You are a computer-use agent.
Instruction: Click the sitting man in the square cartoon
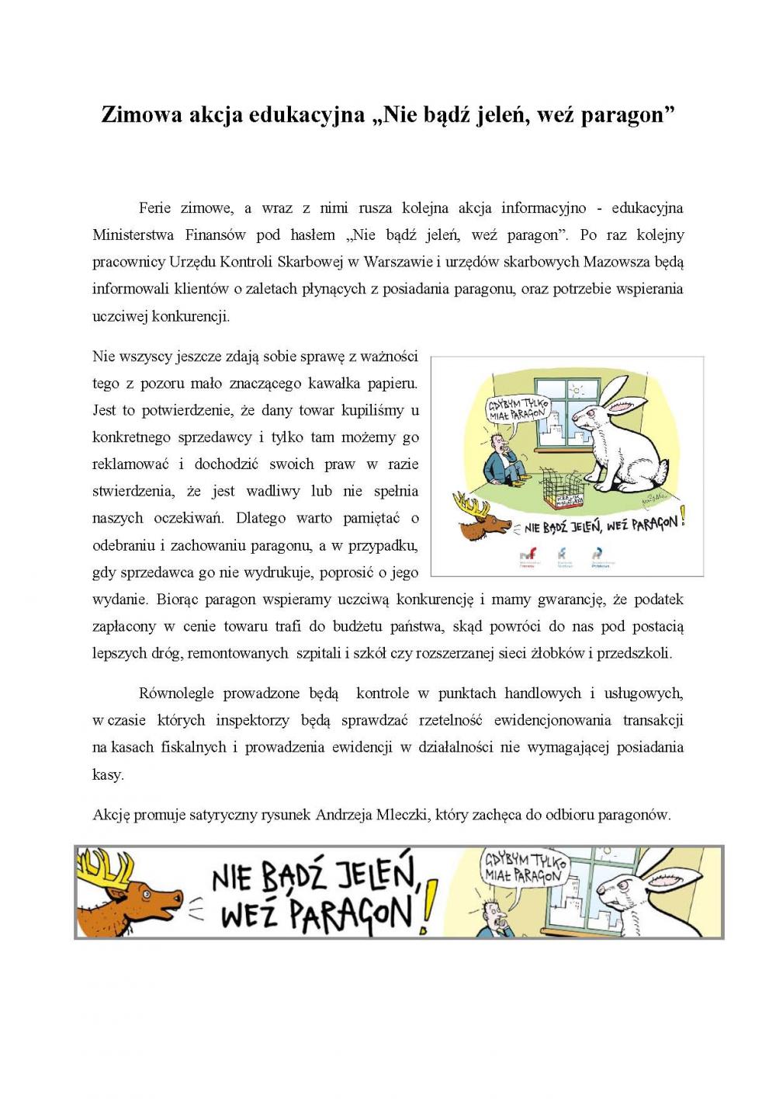(x=498, y=464)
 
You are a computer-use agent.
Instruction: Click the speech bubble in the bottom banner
(x=525, y=868)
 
